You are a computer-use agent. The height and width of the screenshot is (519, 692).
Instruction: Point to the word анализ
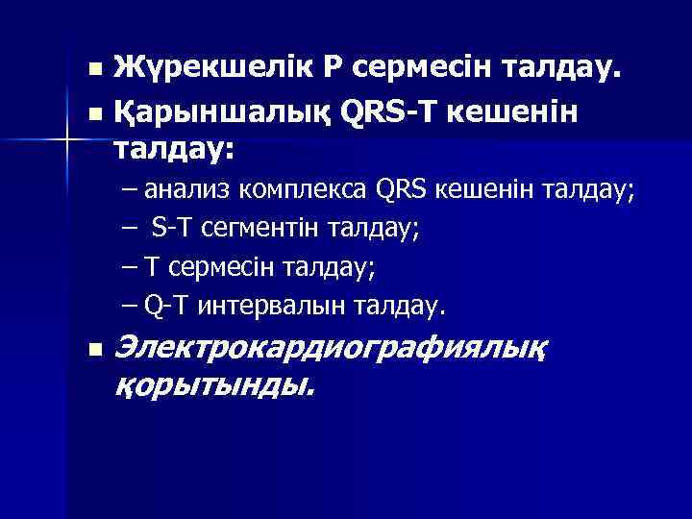coord(194,189)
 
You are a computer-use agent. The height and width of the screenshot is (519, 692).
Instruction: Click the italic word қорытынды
coord(213,385)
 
